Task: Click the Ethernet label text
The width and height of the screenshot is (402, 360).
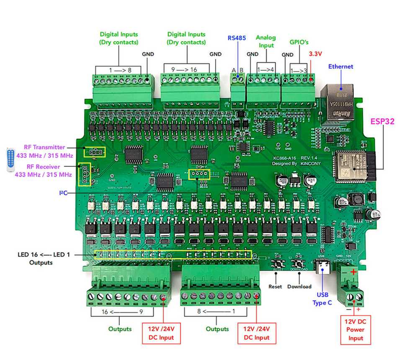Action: [x=341, y=66]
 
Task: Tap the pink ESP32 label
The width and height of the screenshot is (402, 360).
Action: [x=382, y=122]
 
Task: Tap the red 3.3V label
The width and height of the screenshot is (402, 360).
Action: [x=315, y=53]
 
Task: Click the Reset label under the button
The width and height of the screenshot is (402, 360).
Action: [x=275, y=287]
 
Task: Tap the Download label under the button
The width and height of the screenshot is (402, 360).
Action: [x=299, y=287]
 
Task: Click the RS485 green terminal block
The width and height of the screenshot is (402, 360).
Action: [x=237, y=91]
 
